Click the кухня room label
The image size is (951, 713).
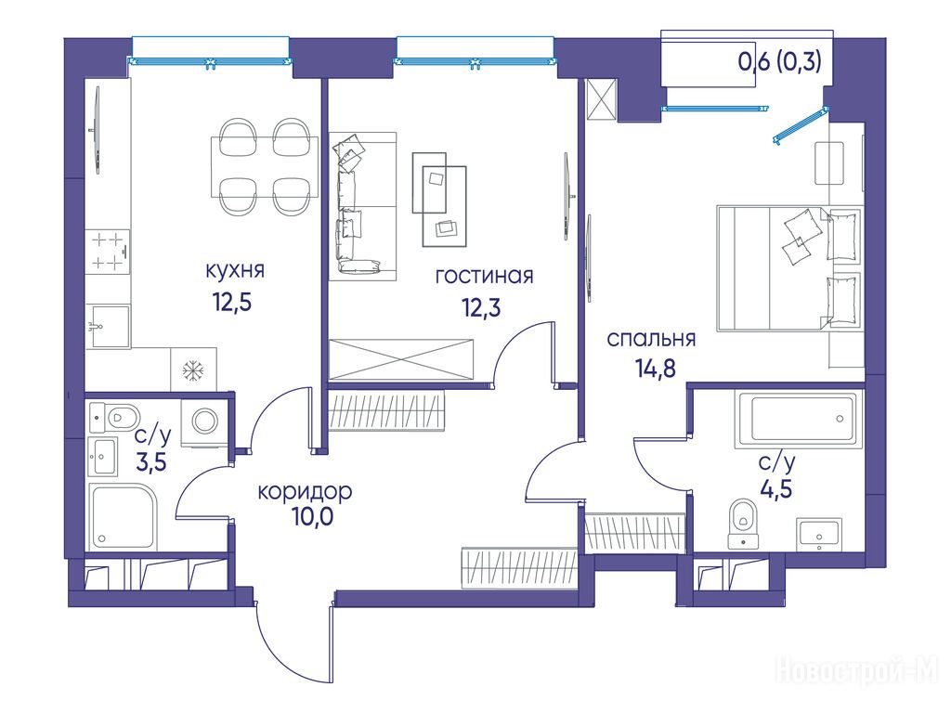[235, 270]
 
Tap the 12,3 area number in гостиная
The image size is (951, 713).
[480, 308]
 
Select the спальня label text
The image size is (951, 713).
[651, 339]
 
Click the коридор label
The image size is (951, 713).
[305, 492]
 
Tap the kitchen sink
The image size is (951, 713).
[111, 327]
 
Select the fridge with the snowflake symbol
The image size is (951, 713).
[193, 369]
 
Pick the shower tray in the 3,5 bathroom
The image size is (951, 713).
[124, 516]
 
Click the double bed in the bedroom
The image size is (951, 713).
[789, 268]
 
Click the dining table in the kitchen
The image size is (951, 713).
[265, 167]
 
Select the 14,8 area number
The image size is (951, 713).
[655, 368]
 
